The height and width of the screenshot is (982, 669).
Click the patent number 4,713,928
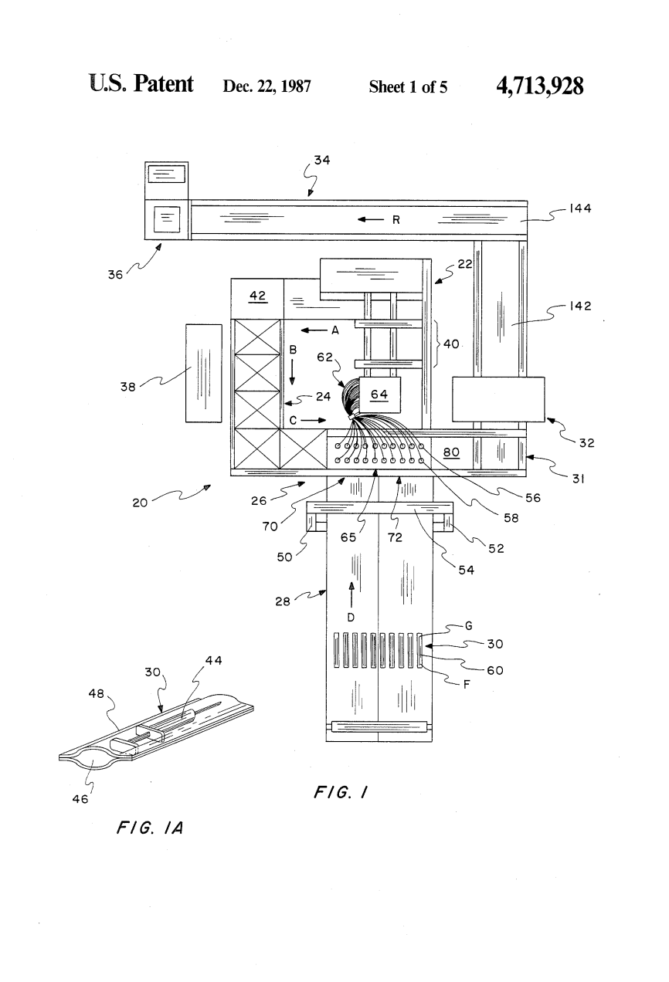point(539,86)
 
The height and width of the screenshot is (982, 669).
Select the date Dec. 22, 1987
point(267,86)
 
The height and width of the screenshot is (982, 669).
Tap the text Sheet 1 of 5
point(408,86)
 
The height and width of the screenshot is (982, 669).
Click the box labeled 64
point(379,394)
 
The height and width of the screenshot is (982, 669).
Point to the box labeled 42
point(257,299)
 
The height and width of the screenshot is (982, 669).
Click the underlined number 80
point(451,452)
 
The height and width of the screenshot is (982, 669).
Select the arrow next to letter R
point(371,219)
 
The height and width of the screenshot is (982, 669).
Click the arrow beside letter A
point(314,330)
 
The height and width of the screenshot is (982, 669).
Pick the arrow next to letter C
point(313,420)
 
